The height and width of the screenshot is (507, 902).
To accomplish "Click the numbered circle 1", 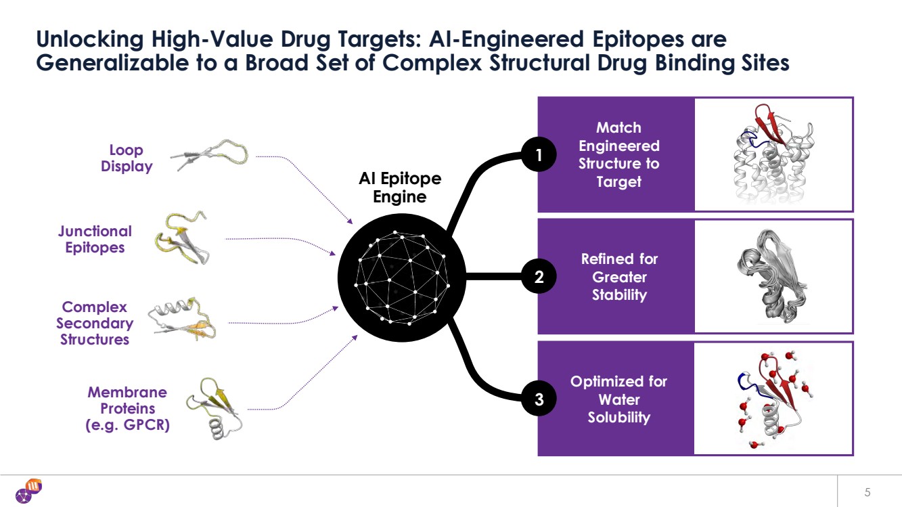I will coord(539,156).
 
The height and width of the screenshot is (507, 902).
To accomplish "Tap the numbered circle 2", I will coord(539,276).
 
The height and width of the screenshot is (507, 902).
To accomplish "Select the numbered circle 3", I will coord(539,399).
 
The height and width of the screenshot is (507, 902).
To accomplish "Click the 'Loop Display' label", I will coord(127,158).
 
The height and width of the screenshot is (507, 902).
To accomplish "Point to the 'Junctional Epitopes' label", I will coord(95,239).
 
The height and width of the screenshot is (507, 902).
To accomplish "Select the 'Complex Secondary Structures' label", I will coord(95,324).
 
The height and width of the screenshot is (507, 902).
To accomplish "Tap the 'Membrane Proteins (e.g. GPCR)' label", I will coord(127,409).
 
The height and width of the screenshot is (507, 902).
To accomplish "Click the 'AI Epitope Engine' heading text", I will coord(400,188).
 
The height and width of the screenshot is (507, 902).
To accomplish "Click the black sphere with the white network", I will coord(401,278).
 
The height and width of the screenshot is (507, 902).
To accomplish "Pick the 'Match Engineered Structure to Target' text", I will coord(618,155).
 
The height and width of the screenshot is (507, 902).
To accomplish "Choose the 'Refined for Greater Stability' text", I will coord(619,277).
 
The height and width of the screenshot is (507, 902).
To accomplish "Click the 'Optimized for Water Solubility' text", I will coord(618,399).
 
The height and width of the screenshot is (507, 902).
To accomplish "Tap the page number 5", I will coord(867,491).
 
